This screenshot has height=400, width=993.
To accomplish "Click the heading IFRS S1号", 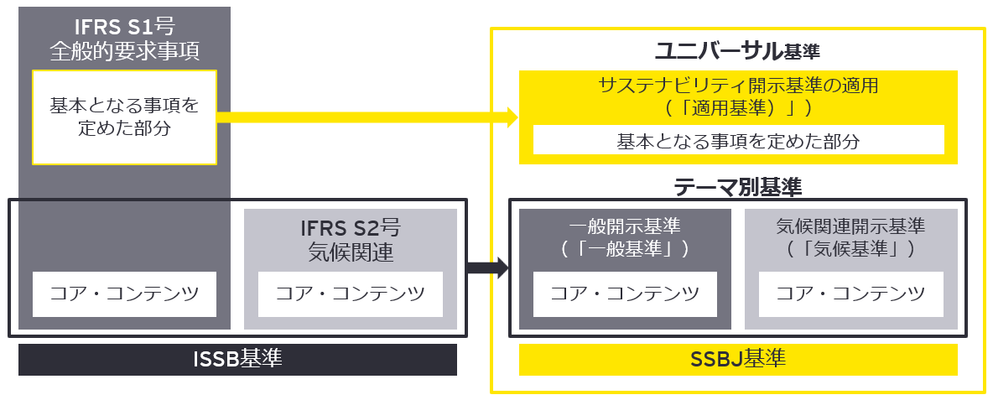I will point(124,31).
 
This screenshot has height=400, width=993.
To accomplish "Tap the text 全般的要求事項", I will point(124,52).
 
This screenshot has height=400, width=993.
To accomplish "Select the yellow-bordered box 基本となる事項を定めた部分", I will point(124,117).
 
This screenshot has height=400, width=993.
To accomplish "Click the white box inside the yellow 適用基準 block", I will point(738,140).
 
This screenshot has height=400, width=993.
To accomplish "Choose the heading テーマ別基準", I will point(738,187).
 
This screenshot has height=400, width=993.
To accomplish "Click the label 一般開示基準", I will point(624,226).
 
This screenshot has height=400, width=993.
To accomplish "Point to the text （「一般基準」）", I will point(624,248).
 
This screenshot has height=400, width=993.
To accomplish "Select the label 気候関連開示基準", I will point(850,226).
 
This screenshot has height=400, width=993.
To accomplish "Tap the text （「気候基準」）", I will point(850,248).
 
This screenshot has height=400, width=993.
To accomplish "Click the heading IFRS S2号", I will point(349,229).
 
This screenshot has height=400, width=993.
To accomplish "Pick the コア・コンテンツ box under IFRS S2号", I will point(350,294).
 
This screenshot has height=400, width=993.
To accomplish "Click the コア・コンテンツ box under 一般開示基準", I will point(624,294).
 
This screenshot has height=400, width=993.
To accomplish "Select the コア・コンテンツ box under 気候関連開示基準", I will point(850,294).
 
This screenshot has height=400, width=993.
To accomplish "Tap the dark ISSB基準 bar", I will point(237,360).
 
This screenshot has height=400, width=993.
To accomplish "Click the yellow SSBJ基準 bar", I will point(738,360).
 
